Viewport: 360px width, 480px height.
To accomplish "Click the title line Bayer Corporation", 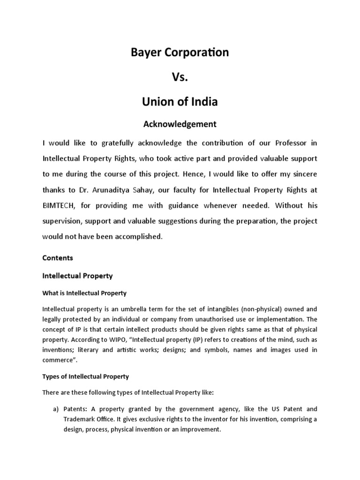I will click(x=180, y=52).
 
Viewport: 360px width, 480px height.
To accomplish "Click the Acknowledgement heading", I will click(x=180, y=124).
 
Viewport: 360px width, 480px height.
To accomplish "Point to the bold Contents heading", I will click(x=58, y=258).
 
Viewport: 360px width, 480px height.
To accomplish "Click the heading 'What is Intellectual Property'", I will click(x=84, y=293).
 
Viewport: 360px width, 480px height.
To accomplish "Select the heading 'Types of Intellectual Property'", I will click(x=85, y=376).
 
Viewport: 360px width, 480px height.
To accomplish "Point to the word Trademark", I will click(x=82, y=419).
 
